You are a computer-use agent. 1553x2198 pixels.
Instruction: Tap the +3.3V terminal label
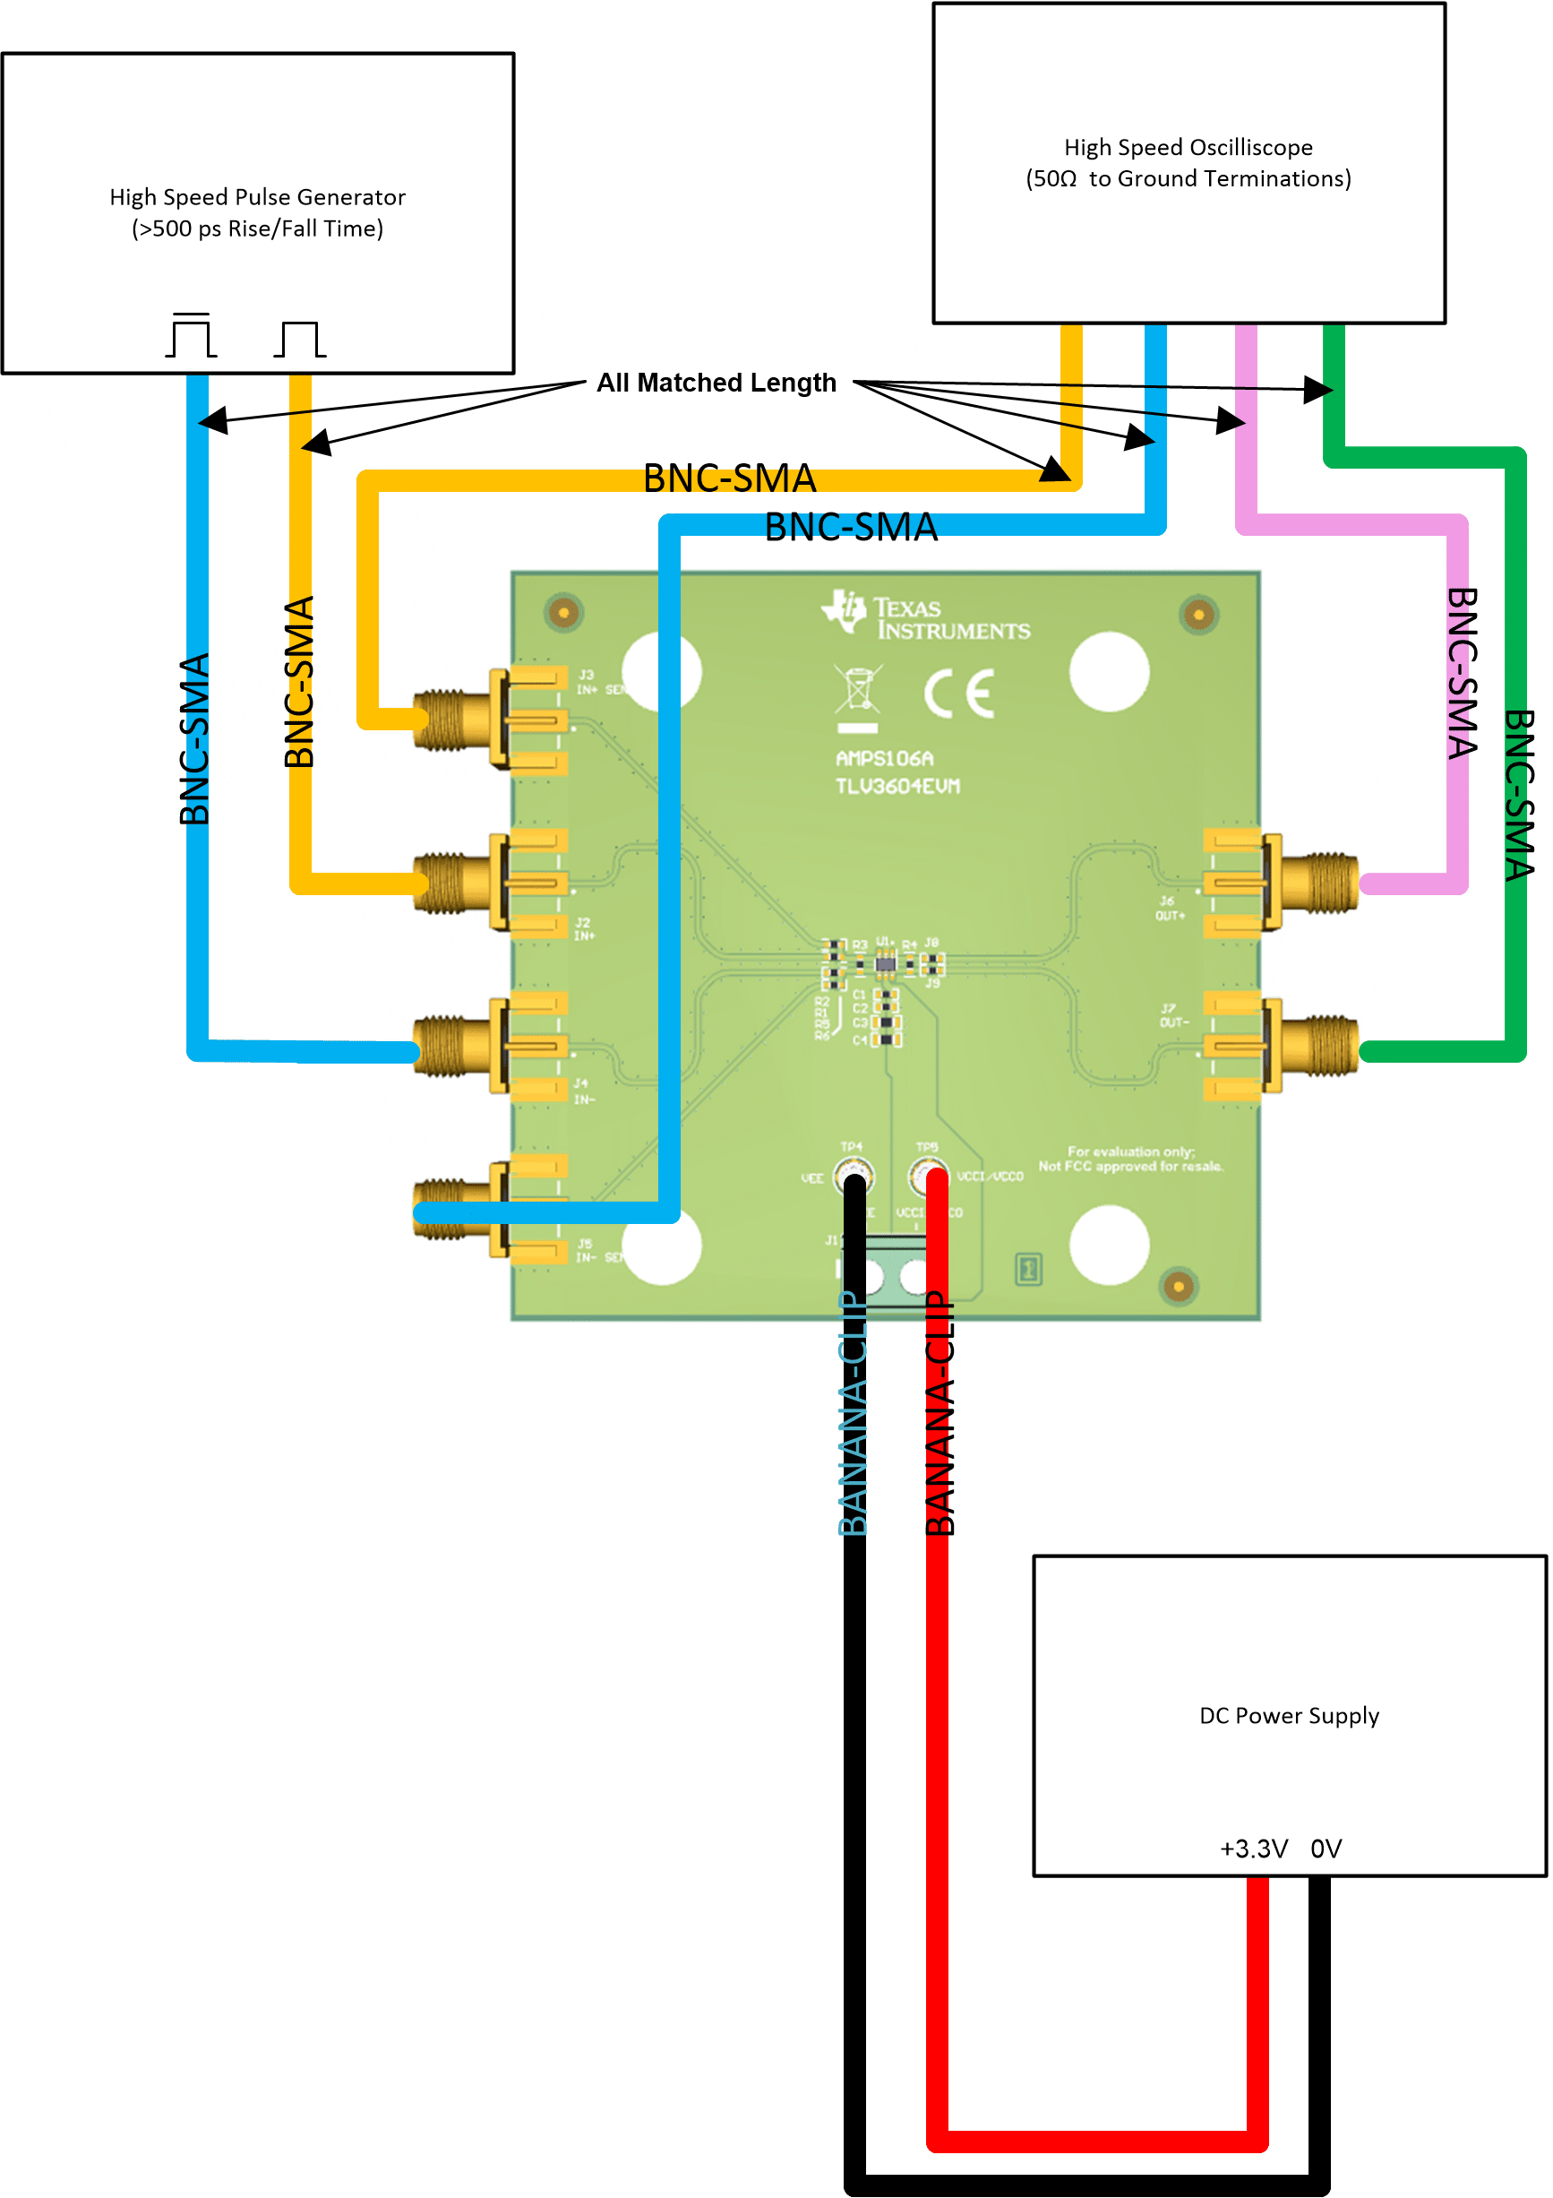click(1254, 1848)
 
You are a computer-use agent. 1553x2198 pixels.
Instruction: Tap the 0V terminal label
click(1326, 1848)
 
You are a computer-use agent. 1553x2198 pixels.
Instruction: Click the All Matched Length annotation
click(716, 382)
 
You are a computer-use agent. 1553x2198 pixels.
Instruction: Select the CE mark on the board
click(959, 694)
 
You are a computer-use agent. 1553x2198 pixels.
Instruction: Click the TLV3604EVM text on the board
click(897, 786)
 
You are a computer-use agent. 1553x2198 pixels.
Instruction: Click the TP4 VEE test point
click(852, 1172)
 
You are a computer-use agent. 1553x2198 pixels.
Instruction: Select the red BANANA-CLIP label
click(940, 1413)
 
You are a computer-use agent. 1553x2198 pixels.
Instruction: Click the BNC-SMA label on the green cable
click(1519, 795)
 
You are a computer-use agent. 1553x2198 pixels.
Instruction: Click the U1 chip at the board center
click(885, 963)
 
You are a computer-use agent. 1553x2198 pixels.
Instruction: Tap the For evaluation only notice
click(1130, 1159)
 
